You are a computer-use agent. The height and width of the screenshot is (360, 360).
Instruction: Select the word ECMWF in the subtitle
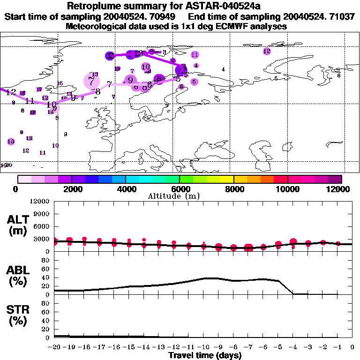coord(223,26)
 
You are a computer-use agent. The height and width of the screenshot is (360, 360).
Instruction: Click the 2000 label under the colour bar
coord(71,189)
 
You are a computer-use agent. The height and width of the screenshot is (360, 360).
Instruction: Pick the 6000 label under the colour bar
coord(179,189)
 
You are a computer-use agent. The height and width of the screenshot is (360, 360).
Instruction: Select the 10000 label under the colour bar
coord(287,189)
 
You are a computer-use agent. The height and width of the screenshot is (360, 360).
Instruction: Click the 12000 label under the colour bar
coord(341,189)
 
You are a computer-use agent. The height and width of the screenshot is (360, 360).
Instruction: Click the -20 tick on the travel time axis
coord(54,347)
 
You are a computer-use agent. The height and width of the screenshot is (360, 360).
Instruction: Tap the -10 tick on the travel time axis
coord(203,347)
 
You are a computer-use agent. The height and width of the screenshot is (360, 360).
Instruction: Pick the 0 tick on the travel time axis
coord(352,347)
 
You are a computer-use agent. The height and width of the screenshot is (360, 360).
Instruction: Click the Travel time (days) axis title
coord(205,356)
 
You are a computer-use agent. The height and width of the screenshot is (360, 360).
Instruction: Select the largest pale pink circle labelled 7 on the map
coord(91,82)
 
